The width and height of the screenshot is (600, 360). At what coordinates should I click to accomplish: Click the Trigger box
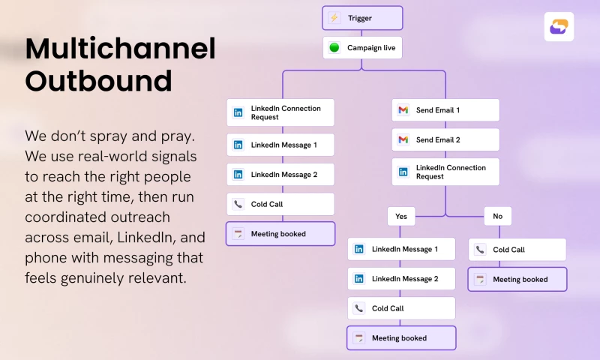coord(362,18)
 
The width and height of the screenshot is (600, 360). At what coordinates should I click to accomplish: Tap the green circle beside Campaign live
coord(334,48)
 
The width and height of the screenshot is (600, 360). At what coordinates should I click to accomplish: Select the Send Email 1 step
coord(445,110)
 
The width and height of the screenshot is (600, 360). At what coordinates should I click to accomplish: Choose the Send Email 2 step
coord(445,139)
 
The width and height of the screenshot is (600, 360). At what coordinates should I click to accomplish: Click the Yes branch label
coord(401,216)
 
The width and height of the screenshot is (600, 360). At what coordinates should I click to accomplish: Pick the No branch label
coord(497,216)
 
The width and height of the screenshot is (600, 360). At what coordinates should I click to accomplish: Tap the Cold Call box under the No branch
coord(517,250)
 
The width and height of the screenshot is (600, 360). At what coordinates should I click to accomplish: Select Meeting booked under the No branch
coord(517,279)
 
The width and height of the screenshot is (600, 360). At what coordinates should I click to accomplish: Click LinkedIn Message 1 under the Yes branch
coord(401,249)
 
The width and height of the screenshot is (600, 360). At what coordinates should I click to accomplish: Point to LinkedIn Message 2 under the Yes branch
coord(401,278)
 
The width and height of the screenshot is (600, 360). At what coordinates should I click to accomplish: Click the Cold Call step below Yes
coord(401,308)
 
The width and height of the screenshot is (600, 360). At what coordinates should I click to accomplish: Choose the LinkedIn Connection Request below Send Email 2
coord(445,172)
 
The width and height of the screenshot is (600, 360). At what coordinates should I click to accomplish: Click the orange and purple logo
coord(559,27)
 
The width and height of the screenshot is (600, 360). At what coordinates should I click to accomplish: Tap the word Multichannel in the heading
coord(120,49)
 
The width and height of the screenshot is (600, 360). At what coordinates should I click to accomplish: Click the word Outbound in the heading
coord(98,80)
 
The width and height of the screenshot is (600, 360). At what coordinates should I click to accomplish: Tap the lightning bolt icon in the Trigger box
coord(334,18)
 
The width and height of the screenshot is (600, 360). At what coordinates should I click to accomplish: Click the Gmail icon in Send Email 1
coord(403,110)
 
